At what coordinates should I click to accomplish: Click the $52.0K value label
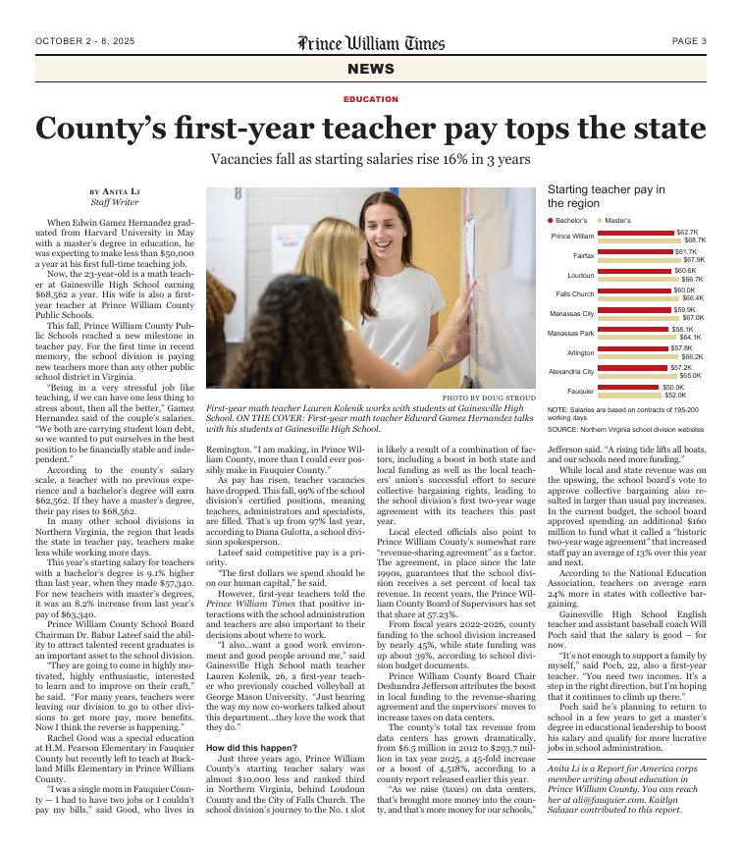pos(676,395)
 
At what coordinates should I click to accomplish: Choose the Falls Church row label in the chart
pos(575,293)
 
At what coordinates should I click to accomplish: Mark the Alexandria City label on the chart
pos(571,372)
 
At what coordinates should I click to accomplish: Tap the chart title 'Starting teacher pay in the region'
pos(606,196)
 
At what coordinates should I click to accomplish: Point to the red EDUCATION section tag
pos(371,99)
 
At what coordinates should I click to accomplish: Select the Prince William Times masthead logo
pos(371,42)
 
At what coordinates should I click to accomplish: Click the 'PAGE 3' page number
pos(689,41)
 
